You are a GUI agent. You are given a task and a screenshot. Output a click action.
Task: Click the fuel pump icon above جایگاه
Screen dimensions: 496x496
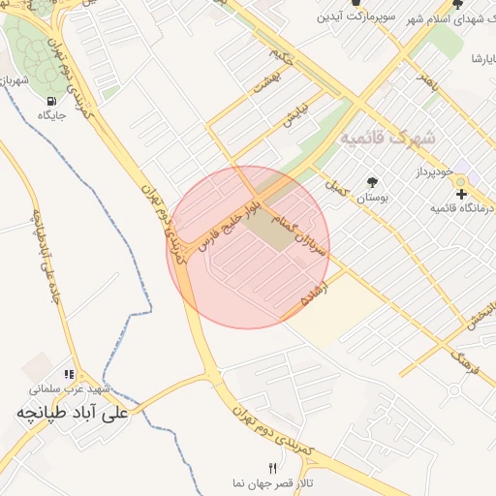49,99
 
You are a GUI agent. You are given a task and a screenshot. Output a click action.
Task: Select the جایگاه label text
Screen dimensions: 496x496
49,115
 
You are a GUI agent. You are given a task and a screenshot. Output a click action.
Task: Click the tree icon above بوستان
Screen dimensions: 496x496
371,181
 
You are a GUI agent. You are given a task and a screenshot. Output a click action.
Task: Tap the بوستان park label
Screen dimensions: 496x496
370,197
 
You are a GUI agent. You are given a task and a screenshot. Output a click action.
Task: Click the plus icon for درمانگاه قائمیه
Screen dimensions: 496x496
461,194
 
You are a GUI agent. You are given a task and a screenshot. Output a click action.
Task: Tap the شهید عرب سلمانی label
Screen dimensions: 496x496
69,388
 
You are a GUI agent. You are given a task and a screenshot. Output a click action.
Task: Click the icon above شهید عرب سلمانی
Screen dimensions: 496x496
69,373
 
